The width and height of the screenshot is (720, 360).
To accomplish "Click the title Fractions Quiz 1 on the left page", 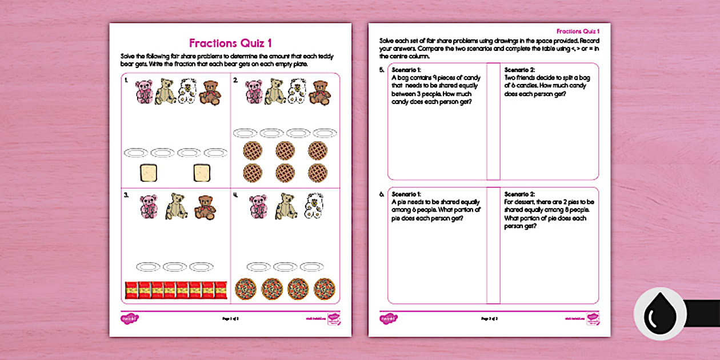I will pos(230,43).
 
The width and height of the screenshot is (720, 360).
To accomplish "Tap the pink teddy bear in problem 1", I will pos(143,92).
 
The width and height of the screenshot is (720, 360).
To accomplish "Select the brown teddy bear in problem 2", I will pos(319,92).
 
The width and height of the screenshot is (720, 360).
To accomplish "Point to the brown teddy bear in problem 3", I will pos(205,207).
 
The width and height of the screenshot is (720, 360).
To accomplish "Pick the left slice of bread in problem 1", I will pos(148,173).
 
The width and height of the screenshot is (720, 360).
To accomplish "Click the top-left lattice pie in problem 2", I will pos(253,151).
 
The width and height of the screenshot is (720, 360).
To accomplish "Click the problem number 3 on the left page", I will pos(125,195).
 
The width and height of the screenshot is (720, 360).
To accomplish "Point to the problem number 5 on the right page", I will pos(381,70).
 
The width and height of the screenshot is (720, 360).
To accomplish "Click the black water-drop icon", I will pos(660,314).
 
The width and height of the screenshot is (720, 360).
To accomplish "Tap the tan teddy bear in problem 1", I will pos(166,91).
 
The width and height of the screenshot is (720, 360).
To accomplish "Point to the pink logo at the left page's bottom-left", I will pos(130,318).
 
